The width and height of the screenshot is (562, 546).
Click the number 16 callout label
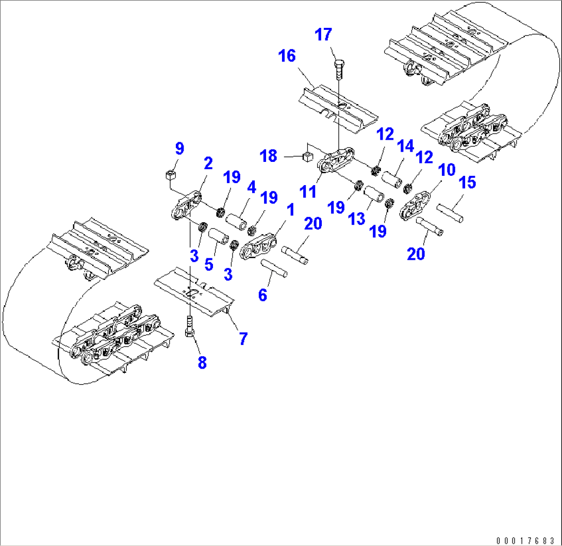pyautogui.click(x=287, y=56)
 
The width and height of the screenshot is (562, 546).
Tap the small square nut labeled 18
pyautogui.click(x=308, y=157)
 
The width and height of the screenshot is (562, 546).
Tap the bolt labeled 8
pyautogui.click(x=190, y=328)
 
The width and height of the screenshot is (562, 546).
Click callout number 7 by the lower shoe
pyautogui.click(x=242, y=339)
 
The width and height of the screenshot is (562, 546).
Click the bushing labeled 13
pyautogui.click(x=374, y=198)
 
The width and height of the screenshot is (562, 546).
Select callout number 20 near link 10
pyautogui.click(x=416, y=254)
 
